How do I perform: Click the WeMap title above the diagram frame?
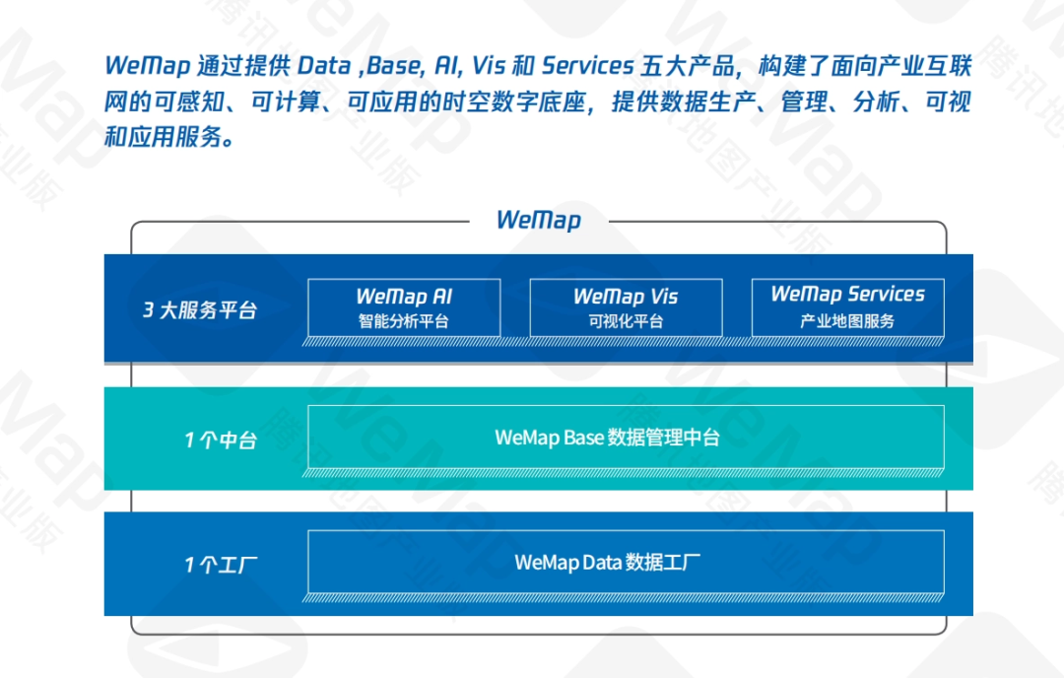tap(538, 219)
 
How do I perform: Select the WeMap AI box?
tap(404, 307)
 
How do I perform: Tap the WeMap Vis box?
tap(626, 307)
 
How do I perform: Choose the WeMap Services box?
tap(847, 307)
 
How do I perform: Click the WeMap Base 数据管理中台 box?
tap(626, 437)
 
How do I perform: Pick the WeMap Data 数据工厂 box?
tap(626, 563)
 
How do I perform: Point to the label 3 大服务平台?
tap(200, 310)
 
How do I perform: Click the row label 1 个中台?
tap(220, 440)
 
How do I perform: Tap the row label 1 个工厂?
tap(220, 565)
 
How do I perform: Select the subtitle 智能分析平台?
tap(404, 321)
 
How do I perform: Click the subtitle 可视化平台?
tap(626, 321)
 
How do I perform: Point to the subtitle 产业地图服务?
tap(847, 321)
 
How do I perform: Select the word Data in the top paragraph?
tap(324, 66)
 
